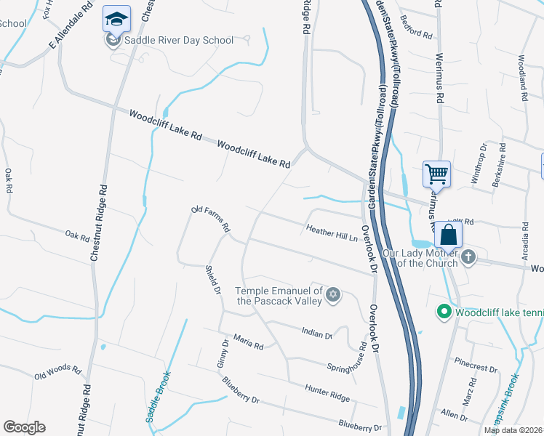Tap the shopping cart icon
click(x=436, y=174)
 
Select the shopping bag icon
click(x=448, y=235)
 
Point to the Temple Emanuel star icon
click(x=333, y=294)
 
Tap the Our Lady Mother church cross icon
click(x=468, y=257)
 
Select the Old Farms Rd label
click(x=211, y=219)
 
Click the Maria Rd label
click(x=248, y=343)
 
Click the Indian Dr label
click(x=316, y=334)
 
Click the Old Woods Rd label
click(x=57, y=372)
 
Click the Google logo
click(x=24, y=427)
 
